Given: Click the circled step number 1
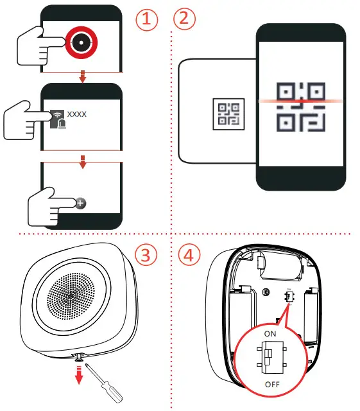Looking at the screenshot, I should coord(148,19).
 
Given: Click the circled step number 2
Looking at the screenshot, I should coord(185,19).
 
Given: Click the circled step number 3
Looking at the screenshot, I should coord(148,255).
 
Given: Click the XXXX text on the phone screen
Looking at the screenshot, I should coord(78,114).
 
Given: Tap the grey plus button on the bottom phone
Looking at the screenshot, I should coord(80,202).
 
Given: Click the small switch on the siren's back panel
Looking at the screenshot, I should coord(289,297).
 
